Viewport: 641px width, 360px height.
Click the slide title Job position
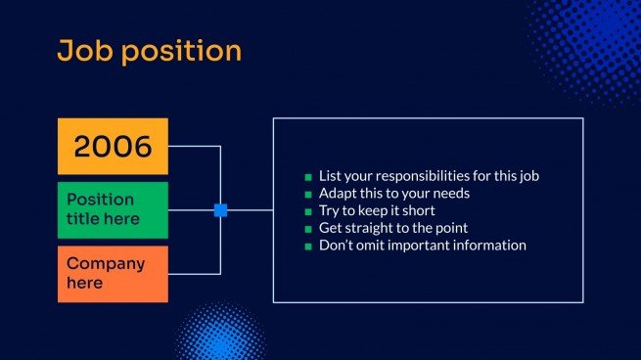[x=149, y=51]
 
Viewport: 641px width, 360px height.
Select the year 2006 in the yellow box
[x=113, y=147]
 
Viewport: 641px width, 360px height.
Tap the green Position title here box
[x=113, y=209]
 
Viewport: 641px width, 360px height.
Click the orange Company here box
[x=113, y=273]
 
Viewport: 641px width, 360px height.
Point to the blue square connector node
[x=220, y=209]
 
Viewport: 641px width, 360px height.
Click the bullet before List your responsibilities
[x=308, y=177]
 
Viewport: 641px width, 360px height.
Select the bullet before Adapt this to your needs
[x=308, y=195]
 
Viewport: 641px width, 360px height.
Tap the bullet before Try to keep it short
[x=308, y=211]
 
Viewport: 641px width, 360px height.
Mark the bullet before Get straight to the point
[x=308, y=229]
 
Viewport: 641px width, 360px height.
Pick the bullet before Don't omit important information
[x=308, y=247]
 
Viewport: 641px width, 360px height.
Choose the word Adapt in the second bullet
[x=337, y=194]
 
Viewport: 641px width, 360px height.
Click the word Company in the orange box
[x=106, y=264]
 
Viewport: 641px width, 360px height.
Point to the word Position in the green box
[x=100, y=200]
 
